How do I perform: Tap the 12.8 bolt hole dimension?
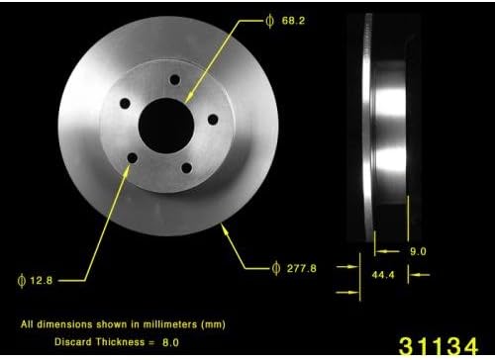pyautogui.click(x=41, y=280)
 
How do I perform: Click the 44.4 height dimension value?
pyautogui.click(x=381, y=276)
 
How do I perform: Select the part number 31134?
pyautogui.click(x=437, y=346)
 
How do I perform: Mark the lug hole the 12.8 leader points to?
pyautogui.click(x=133, y=158)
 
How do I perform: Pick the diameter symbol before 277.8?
pyautogui.click(x=274, y=267)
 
